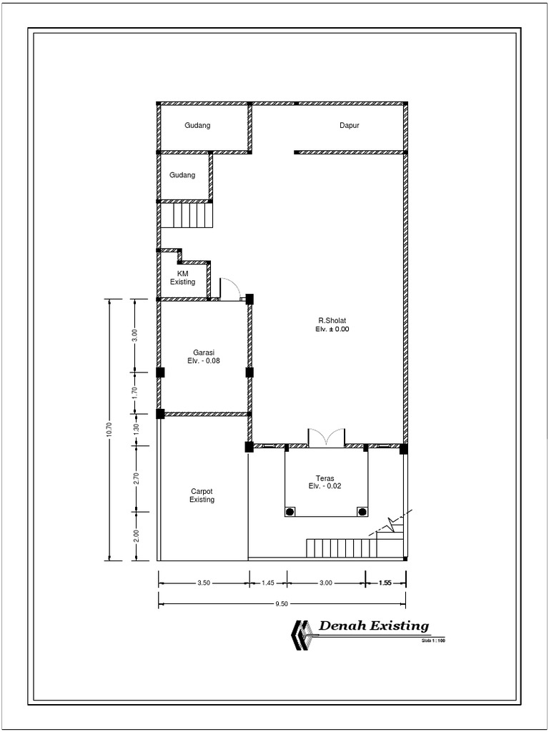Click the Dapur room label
tap(349, 126)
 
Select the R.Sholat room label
tap(332, 320)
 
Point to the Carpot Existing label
tap(202, 495)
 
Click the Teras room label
tap(326, 478)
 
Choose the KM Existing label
tap(182, 278)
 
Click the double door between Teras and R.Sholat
tap(326, 438)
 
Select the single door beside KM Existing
tap(229, 289)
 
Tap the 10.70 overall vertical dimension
tap(109, 429)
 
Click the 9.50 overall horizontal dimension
tap(282, 604)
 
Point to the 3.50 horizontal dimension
tap(204, 583)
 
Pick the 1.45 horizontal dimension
tap(268, 583)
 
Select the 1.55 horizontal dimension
tap(385, 583)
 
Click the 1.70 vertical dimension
tap(134, 392)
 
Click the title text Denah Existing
tap(374, 626)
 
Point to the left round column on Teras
tap(290, 512)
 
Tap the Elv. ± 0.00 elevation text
tap(332, 330)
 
